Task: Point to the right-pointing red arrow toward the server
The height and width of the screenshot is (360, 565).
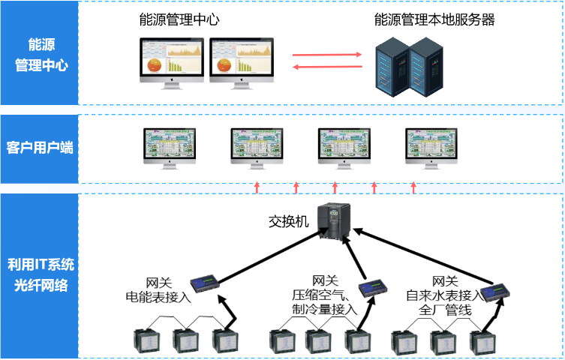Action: [x=322, y=55]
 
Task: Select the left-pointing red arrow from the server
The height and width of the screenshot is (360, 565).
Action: [x=322, y=67]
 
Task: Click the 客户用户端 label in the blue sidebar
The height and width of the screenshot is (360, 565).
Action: [x=40, y=147]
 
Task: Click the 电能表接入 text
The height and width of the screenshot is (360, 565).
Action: [x=158, y=297]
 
